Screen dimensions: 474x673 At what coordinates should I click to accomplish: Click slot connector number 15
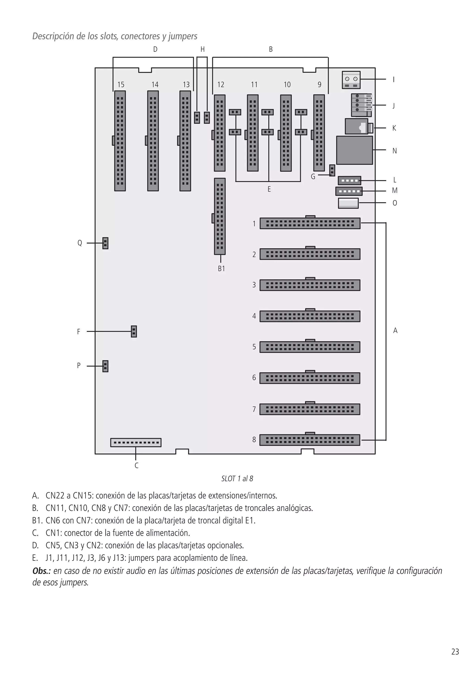pos(120,141)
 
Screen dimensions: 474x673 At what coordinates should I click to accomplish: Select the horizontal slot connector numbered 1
pos(310,223)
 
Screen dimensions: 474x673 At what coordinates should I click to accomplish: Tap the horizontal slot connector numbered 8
pos(310,440)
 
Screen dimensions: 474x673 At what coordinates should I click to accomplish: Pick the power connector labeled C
pos(136,442)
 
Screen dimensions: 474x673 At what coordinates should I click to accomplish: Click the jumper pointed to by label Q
pos(105,243)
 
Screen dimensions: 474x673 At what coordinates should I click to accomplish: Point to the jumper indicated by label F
pos(134,331)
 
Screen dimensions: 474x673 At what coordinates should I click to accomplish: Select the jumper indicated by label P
pos(105,366)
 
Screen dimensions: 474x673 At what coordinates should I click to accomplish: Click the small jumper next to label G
pos(332,170)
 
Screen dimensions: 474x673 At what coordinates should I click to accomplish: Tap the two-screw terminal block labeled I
pos(351,80)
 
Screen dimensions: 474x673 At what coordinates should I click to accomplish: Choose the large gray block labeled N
pos(355,150)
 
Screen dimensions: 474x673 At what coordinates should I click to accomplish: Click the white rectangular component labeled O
pos(348,203)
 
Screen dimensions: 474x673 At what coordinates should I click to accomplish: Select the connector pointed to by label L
pos(349,180)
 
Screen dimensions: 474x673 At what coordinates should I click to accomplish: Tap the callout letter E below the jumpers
pos(269,189)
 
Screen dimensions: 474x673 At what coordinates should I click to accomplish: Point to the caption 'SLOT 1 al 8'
pos(237,479)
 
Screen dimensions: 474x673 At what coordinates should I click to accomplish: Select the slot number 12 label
pos(221,85)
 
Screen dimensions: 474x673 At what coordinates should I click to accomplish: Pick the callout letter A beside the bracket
pos(395,331)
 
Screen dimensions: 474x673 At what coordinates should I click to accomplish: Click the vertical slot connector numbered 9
pos(319,133)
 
